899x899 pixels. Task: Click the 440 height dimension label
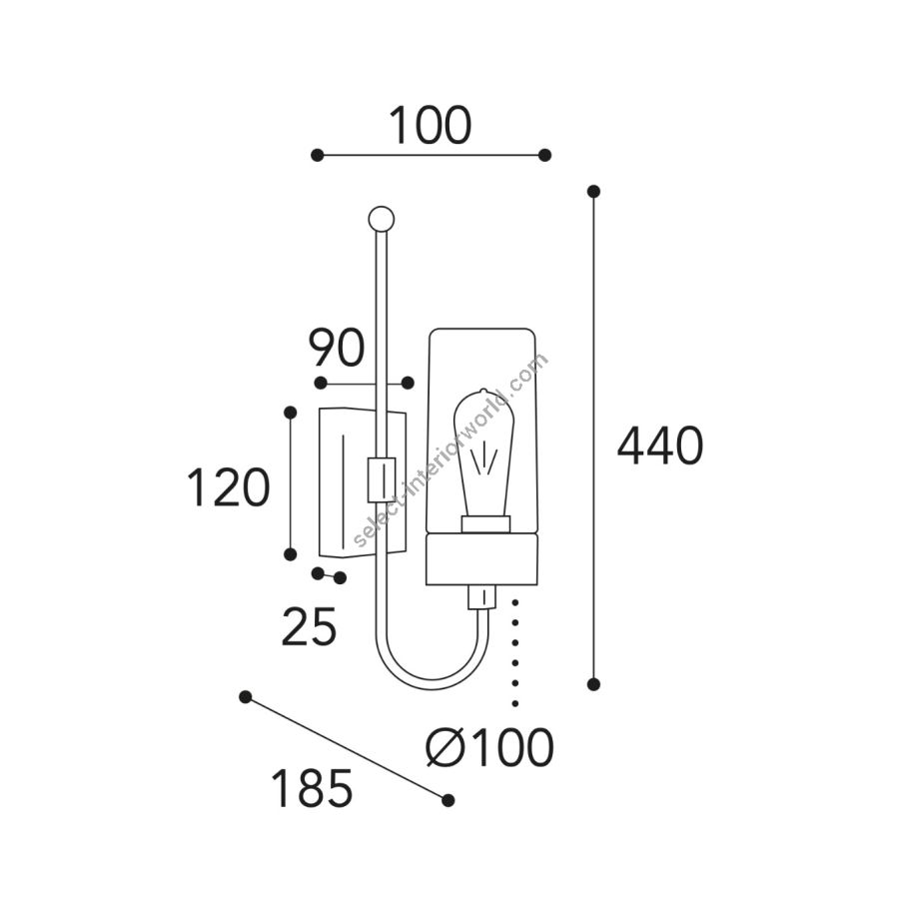660,445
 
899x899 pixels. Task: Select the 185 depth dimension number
312,788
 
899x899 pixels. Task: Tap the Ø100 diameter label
490,747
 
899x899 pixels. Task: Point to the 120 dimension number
228,487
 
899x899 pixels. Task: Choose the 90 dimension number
336,348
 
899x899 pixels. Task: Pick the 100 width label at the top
430,125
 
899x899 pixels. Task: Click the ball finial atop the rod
381,219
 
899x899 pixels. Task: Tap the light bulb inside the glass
483,452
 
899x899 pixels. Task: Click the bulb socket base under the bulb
486,524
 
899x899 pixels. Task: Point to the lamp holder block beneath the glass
481,559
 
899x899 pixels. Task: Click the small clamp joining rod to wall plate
382,479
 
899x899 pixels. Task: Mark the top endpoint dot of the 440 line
594,191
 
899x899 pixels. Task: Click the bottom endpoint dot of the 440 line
594,683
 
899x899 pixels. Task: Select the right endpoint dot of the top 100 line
545,155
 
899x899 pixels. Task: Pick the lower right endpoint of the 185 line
449,800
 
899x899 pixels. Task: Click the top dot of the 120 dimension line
291,413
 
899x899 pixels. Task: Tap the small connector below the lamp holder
481,597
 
